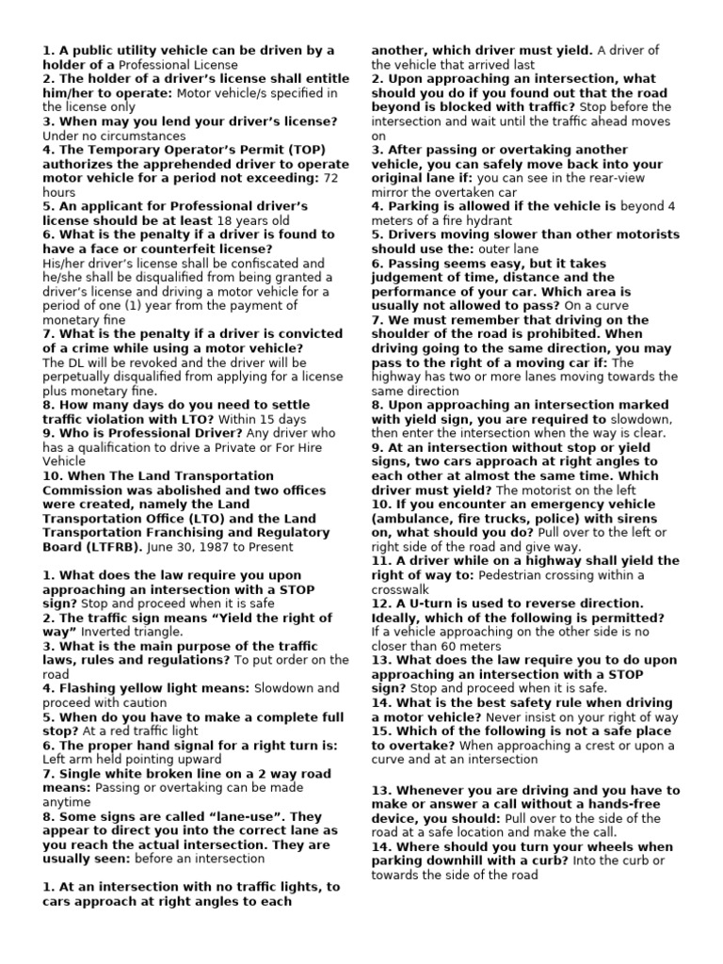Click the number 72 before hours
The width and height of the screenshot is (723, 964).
pos(332,178)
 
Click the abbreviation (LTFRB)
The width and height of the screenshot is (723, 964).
pos(109,547)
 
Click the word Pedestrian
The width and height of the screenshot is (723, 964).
pos(519,575)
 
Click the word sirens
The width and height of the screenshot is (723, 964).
pos(653,519)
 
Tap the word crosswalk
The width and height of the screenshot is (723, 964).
pos(401,589)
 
